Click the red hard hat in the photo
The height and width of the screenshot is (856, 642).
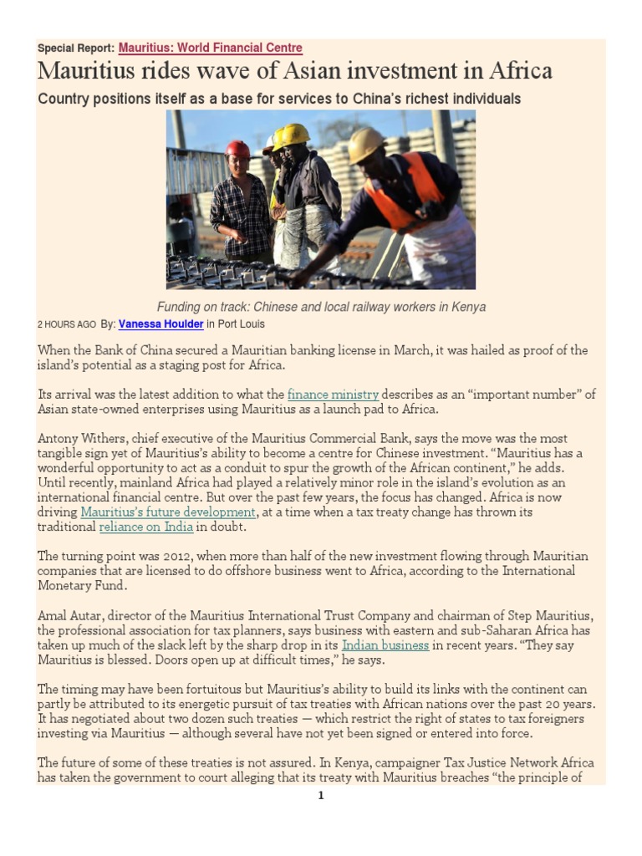point(237,149)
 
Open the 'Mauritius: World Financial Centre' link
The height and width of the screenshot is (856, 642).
point(210,48)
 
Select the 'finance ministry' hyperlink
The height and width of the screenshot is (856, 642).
point(333,394)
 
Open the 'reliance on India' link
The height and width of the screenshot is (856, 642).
point(146,527)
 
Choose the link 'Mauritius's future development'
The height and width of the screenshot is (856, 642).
point(168,512)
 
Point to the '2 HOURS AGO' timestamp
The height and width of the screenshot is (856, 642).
point(67,324)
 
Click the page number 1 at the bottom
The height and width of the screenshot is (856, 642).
point(320,795)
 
